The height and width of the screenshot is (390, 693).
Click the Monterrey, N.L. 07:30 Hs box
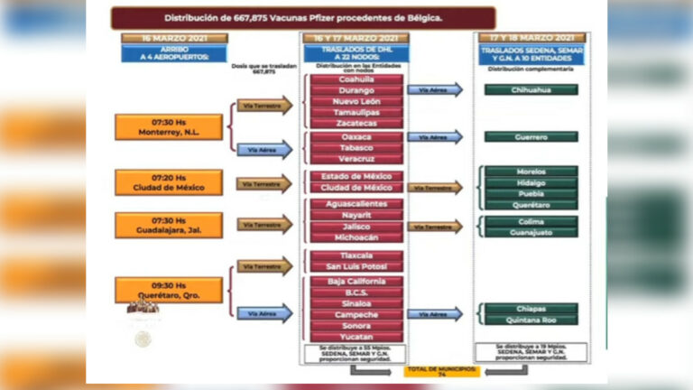pos(155,126)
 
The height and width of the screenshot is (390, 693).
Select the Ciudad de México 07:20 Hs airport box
pos(155,182)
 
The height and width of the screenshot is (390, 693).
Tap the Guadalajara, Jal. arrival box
pos(155,225)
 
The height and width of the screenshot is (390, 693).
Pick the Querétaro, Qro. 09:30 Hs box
pos(155,289)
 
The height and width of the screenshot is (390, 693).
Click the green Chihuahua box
pos(531,89)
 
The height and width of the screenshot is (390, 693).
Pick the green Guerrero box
pos(531,136)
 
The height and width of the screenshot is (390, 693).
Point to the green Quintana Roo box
pos(531,320)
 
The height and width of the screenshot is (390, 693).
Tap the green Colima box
pos(531,221)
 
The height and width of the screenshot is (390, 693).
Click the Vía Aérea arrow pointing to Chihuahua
pos(435,89)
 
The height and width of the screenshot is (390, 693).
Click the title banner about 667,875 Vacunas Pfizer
pos(303,17)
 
